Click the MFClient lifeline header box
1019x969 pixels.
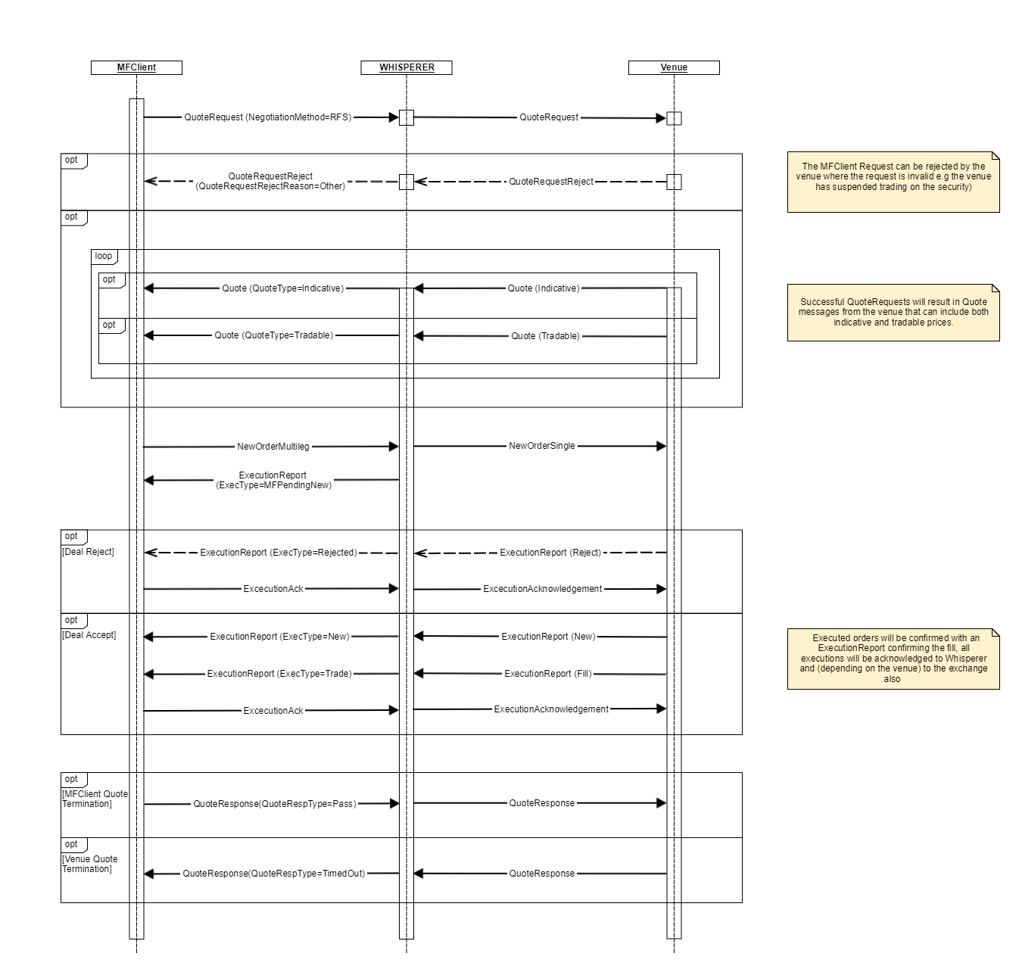point(136,67)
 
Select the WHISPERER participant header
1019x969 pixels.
point(407,67)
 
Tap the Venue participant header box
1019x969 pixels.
point(674,67)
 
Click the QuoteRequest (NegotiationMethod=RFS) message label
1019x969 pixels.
point(268,117)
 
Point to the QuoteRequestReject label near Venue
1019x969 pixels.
point(551,182)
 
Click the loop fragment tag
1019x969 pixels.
point(104,256)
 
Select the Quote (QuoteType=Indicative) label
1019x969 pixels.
point(282,288)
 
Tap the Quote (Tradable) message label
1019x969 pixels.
point(545,336)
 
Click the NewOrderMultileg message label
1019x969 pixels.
point(273,447)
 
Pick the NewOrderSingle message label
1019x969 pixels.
point(542,446)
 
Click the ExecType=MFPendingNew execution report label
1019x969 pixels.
point(273,480)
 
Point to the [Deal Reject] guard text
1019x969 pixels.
point(88,552)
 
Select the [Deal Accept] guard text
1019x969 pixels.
point(89,635)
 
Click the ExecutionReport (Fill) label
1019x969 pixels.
point(548,674)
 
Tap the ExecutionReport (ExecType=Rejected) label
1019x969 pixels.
point(279,553)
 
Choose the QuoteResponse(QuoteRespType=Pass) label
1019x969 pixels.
point(274,804)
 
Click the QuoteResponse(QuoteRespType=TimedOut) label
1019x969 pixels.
point(274,874)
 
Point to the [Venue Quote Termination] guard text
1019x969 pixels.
point(90,864)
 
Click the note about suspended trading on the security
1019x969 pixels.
point(893,182)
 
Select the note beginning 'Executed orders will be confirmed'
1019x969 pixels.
point(893,659)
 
